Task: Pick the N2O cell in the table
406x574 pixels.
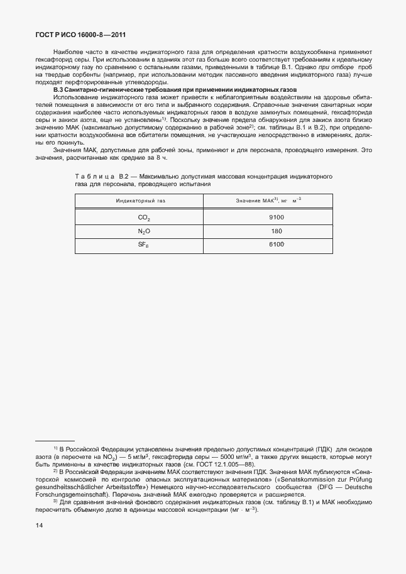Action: point(144,231)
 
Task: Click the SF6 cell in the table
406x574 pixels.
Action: point(144,245)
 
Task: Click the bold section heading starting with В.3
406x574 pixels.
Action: point(157,91)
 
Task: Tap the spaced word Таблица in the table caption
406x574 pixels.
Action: point(95,178)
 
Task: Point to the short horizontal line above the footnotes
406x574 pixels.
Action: point(55,441)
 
